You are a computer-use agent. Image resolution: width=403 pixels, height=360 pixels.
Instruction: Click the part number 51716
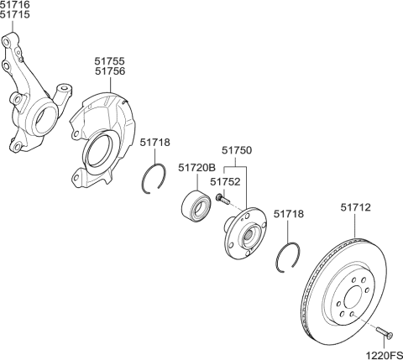pyautogui.click(x=15, y=6)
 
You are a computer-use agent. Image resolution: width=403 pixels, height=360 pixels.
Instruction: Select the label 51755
pyautogui.click(x=109, y=61)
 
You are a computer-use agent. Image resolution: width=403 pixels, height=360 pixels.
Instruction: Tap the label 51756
pyautogui.click(x=109, y=72)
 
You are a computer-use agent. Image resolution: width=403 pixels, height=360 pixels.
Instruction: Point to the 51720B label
pyautogui.click(x=197, y=169)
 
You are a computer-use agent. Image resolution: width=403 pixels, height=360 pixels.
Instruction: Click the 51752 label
pyautogui.click(x=225, y=180)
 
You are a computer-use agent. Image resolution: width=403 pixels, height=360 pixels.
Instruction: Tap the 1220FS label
pyautogui.click(x=383, y=353)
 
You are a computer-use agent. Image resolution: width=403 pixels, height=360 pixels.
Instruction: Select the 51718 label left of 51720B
pyautogui.click(x=154, y=143)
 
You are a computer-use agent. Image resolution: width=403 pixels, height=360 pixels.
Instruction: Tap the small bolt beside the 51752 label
pyautogui.click(x=220, y=199)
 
